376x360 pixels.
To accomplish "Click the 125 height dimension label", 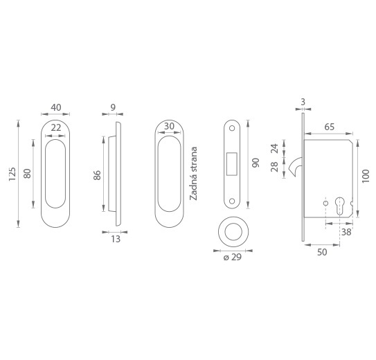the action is click(x=12, y=174).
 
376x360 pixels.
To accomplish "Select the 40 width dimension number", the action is click(x=56, y=107).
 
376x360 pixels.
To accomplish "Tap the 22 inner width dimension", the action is click(x=56, y=128).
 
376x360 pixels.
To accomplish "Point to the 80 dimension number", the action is click(x=27, y=174).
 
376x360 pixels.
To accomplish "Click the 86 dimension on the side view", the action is click(x=97, y=175).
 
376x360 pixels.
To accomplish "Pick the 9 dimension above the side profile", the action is click(x=113, y=107).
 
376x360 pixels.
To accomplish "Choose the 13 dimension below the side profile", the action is click(x=116, y=239).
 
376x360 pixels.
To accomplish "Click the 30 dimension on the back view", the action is click(x=169, y=126).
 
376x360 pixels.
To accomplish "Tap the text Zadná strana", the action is click(x=193, y=174).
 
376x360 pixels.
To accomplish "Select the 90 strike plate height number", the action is click(x=256, y=163).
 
